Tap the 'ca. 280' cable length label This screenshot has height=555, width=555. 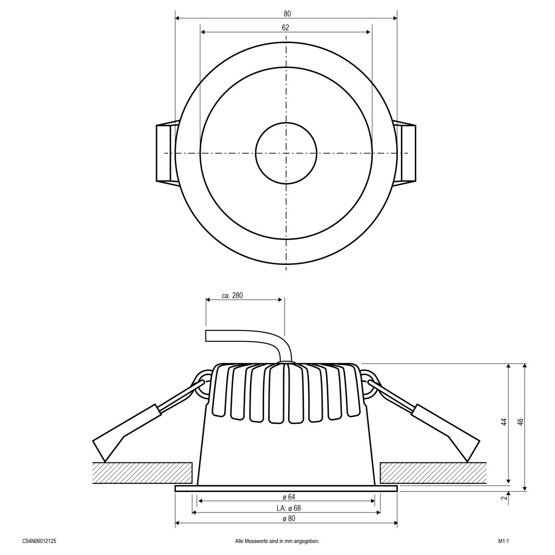pos(232,296)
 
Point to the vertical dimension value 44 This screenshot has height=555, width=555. pos(503,422)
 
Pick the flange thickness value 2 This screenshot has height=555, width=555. pos(503,498)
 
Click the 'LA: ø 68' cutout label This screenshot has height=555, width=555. pos(286,508)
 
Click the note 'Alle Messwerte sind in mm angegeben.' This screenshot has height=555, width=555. pos(277,540)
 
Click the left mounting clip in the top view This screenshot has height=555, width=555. pos(166,153)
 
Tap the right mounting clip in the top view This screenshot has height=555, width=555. pos(407,153)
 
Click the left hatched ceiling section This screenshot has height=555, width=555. pos(142,472)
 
